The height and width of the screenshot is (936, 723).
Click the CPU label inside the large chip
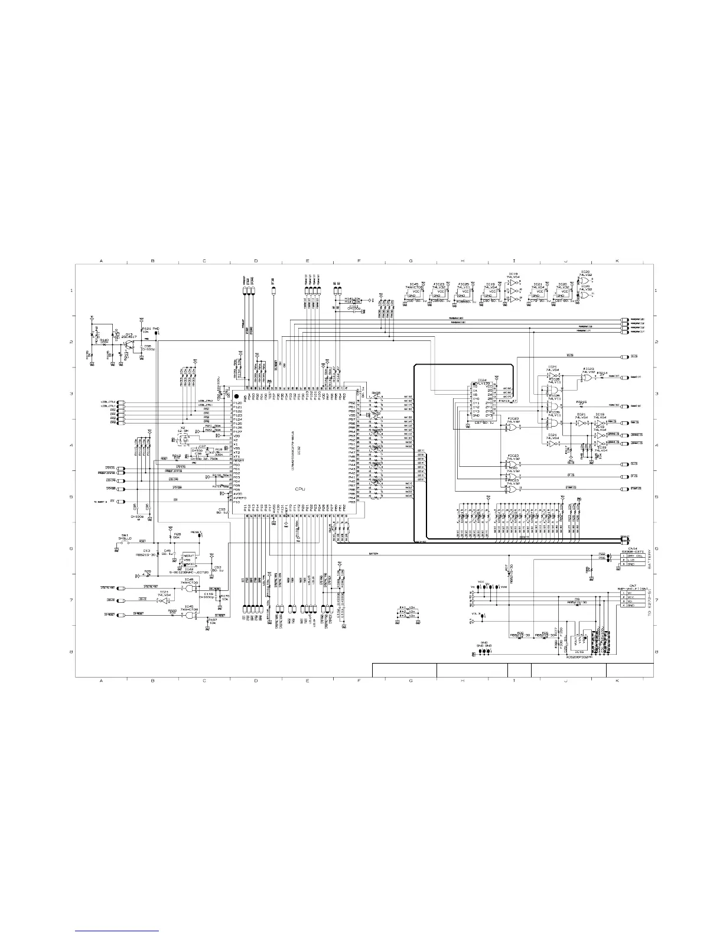tap(300, 490)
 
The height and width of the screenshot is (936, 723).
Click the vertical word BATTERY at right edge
tap(649, 558)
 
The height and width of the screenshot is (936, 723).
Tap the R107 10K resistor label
tap(213, 620)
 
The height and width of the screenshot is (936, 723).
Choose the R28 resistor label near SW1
tap(177, 535)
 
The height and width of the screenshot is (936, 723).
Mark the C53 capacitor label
tap(217, 567)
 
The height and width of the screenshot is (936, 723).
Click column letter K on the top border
tap(617, 260)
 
